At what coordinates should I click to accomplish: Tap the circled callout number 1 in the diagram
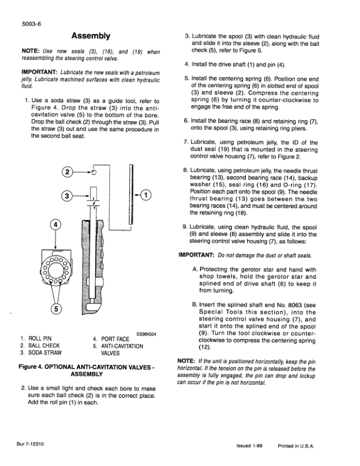point(146,195)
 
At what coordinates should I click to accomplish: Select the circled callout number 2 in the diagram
point(68,172)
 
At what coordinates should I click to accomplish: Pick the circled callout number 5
point(56,308)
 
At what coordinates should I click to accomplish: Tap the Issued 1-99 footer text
point(250,447)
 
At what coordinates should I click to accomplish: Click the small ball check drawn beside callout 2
point(94,172)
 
